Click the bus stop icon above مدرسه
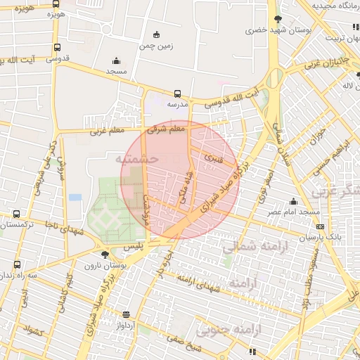coord(176,93)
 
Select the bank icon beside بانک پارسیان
coord(321,226)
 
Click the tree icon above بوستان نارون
coord(105,255)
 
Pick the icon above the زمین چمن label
coord(155,34)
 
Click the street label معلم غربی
coord(106,131)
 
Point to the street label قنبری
coord(212,160)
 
